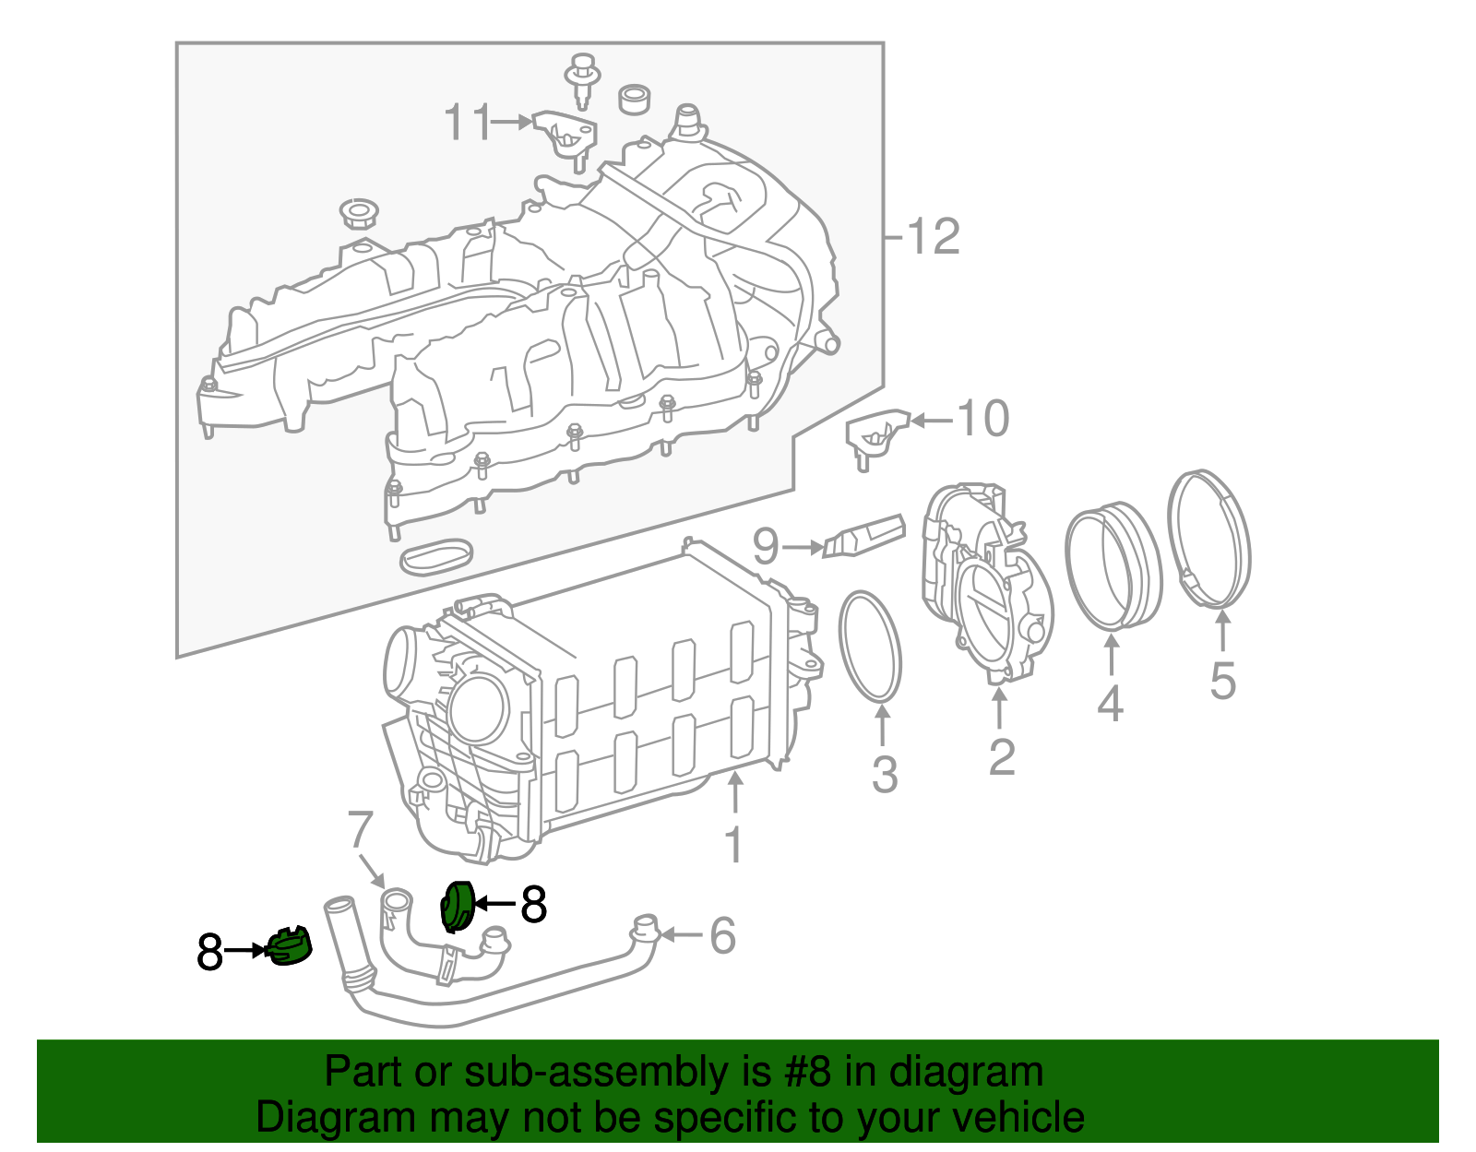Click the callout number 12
[934, 237]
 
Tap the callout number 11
[469, 122]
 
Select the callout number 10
[983, 420]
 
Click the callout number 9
[766, 547]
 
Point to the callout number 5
[1222, 682]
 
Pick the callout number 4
[1110, 704]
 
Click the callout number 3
[884, 774]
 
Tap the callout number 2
[1001, 757]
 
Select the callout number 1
[734, 845]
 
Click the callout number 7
[360, 830]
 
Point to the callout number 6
[722, 935]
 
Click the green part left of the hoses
[289, 947]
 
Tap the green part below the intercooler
[458, 906]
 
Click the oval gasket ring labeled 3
[870, 646]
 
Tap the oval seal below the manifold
[436, 555]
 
